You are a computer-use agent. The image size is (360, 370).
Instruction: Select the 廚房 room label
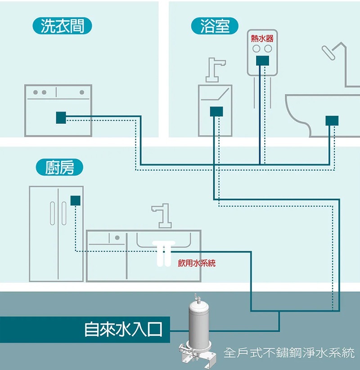59,168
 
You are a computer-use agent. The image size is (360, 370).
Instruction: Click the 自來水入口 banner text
123,329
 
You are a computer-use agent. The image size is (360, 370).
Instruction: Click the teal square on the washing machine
61,117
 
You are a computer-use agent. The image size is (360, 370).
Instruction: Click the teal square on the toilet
332,120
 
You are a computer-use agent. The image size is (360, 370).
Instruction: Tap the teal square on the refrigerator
76,200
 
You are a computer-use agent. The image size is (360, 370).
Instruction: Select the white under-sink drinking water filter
162,254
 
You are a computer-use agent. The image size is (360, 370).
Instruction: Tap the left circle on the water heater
256,48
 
